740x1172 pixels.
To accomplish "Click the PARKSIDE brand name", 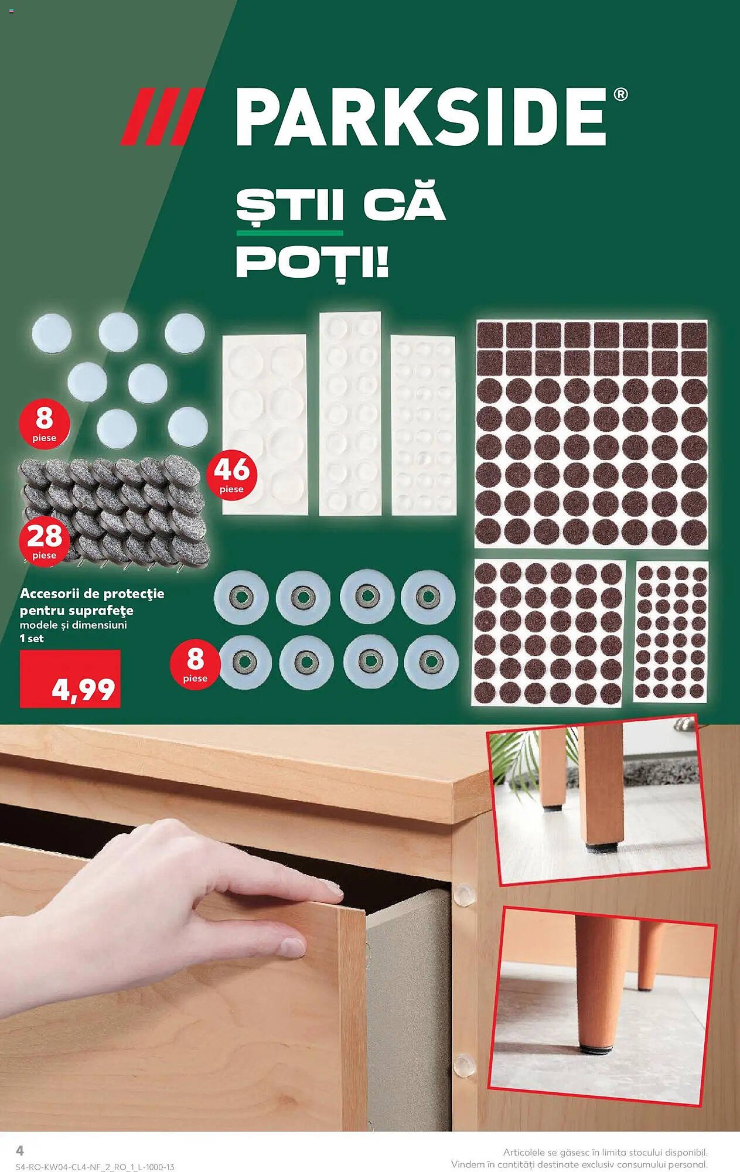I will point(421,117).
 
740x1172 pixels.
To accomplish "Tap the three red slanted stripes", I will point(162,116).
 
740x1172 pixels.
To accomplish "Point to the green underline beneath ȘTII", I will point(289,233).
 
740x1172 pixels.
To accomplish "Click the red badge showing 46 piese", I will point(231,475).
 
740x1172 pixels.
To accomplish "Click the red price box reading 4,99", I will point(70,679).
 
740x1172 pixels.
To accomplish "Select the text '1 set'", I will point(32,639).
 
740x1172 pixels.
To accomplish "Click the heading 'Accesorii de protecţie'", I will point(92,594).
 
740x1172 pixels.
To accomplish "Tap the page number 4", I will point(20,1150).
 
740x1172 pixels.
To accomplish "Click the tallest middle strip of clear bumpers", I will point(350,414).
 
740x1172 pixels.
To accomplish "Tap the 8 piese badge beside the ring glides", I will point(195,665).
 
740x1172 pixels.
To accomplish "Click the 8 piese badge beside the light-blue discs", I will point(45,424).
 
